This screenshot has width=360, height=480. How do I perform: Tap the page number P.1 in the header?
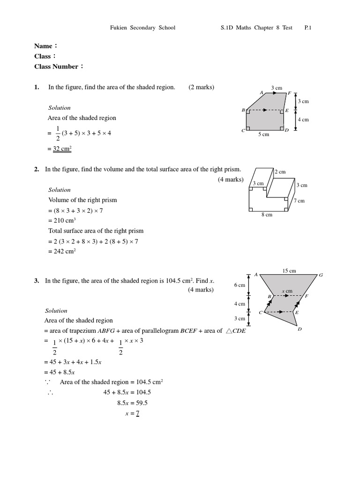click(x=308, y=28)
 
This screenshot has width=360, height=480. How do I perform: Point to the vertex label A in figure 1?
click(x=261, y=93)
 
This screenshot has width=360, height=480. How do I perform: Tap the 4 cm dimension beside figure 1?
click(x=303, y=120)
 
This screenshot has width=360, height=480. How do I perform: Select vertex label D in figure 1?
click(x=287, y=131)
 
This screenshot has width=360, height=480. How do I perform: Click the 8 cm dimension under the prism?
click(x=266, y=215)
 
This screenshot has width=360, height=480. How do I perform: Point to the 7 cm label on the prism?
click(x=299, y=201)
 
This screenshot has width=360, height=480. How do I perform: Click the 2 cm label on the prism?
click(x=280, y=172)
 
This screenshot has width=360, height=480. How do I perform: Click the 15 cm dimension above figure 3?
click(x=289, y=271)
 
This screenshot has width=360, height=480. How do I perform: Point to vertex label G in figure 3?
click(x=321, y=275)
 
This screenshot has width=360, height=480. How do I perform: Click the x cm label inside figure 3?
click(x=287, y=291)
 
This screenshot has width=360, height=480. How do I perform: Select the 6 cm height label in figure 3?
click(x=240, y=285)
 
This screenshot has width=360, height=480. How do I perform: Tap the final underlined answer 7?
click(x=138, y=413)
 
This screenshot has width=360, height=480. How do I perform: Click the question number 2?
click(x=37, y=169)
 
